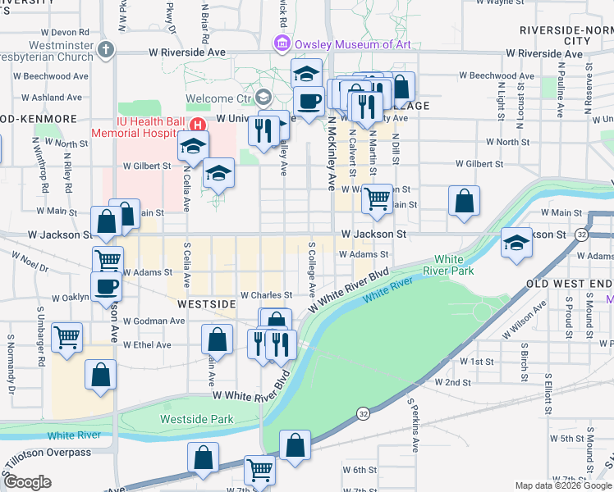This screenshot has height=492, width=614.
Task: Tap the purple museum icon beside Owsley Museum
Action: (282, 43)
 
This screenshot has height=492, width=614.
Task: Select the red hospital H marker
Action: (197, 125)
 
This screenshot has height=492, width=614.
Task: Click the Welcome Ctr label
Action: (221, 98)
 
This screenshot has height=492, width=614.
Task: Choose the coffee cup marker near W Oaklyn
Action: (107, 287)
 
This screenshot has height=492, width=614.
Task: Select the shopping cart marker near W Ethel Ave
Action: (66, 335)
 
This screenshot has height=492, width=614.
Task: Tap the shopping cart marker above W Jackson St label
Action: (377, 197)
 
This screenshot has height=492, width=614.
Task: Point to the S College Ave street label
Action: (312, 270)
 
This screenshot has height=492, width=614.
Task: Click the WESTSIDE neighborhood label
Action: (206, 303)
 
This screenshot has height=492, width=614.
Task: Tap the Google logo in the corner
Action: (27, 482)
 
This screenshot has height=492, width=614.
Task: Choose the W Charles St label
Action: (266, 294)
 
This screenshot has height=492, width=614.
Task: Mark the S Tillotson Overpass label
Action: (46, 452)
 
